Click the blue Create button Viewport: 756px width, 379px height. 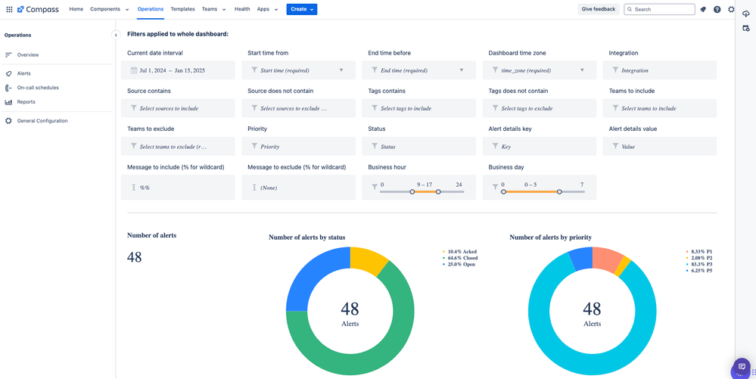[301, 9]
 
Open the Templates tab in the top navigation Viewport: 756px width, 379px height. [182, 9]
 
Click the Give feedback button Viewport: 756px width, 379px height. [598, 9]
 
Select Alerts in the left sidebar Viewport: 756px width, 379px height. [24, 73]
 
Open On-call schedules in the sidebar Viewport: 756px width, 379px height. [38, 88]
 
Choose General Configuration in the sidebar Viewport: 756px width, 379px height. [42, 121]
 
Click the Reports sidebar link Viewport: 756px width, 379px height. [26, 102]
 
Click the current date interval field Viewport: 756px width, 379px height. [178, 70]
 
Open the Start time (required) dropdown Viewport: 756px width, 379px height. [298, 70]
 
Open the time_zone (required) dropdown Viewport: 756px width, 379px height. [539, 70]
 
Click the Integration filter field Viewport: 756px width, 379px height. [662, 70]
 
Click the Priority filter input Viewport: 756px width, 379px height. [298, 147]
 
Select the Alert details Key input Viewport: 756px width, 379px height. [539, 147]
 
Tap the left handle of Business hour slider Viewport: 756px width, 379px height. [412, 192]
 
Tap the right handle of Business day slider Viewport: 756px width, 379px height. [559, 192]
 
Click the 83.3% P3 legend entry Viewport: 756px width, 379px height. [698, 264]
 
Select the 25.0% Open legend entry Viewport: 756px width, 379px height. [461, 264]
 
